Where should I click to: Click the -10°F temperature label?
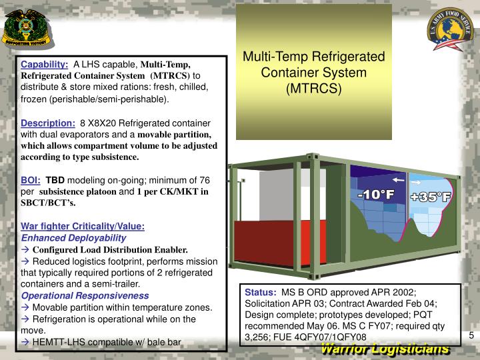pyautogui.click(x=376, y=195)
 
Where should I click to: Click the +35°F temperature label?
pyautogui.click(x=431, y=197)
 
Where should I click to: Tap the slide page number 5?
pyautogui.click(x=471, y=335)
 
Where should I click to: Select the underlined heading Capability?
pyautogui.click(x=45, y=65)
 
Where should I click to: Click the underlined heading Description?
pyautogui.click(x=48, y=123)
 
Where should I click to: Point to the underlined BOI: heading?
pyautogui.click(x=31, y=180)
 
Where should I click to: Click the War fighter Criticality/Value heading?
pyautogui.click(x=83, y=226)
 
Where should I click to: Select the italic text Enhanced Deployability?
pyautogui.click(x=73, y=237)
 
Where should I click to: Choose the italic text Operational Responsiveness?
pyautogui.click(x=85, y=295)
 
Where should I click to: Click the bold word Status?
pyautogui.click(x=260, y=292)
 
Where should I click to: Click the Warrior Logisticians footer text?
pyautogui.click(x=385, y=350)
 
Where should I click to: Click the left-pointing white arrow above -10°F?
pyautogui.click(x=398, y=180)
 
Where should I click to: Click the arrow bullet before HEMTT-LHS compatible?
pyautogui.click(x=25, y=342)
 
